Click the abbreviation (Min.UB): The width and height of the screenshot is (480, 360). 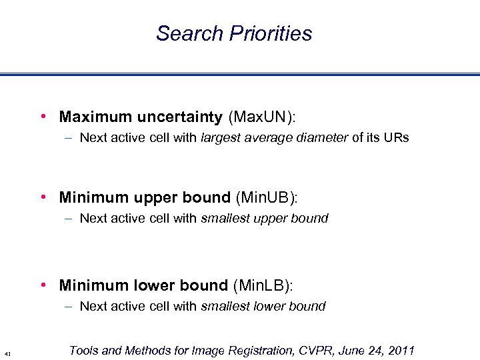(x=266, y=197)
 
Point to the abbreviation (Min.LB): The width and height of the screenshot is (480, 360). (x=263, y=285)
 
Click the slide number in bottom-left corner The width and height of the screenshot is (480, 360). (x=6, y=353)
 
